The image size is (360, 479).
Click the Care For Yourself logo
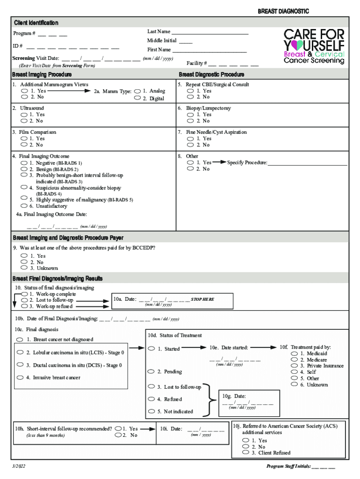314,46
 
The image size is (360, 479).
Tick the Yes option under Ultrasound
24,115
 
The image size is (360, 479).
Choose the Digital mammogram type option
137,99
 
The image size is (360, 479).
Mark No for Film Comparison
24,145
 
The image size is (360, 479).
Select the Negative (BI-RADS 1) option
24,163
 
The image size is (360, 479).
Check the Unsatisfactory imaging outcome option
24,206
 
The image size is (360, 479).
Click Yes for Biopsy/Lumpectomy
190,115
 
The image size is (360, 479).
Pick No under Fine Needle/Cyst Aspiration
190,145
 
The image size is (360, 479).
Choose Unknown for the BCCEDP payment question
24,268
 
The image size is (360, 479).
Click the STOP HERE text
202,299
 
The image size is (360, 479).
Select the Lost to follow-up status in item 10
24,300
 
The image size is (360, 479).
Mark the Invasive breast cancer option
20,377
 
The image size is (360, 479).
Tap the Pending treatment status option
151,371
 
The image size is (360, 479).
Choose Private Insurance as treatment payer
294,366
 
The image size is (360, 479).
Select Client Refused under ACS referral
245,453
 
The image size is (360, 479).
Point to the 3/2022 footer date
19,467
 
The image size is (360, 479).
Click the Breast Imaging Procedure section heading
43,74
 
